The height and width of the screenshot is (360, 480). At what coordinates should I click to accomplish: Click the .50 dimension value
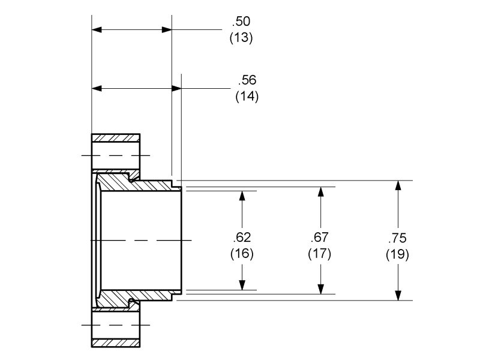point(241,22)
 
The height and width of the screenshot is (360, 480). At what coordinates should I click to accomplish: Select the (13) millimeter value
point(241,37)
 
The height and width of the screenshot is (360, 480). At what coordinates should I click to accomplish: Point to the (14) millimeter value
point(247,96)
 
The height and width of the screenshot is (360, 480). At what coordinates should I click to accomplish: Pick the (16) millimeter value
point(242,253)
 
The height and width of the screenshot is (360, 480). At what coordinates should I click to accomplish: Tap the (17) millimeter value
point(320,253)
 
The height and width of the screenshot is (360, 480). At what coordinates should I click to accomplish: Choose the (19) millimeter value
point(397,253)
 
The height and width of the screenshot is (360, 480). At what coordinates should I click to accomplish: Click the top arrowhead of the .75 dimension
point(397,185)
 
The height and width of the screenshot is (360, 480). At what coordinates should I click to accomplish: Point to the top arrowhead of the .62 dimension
point(242,196)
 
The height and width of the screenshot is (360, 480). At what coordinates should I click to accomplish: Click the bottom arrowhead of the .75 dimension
point(397,295)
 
